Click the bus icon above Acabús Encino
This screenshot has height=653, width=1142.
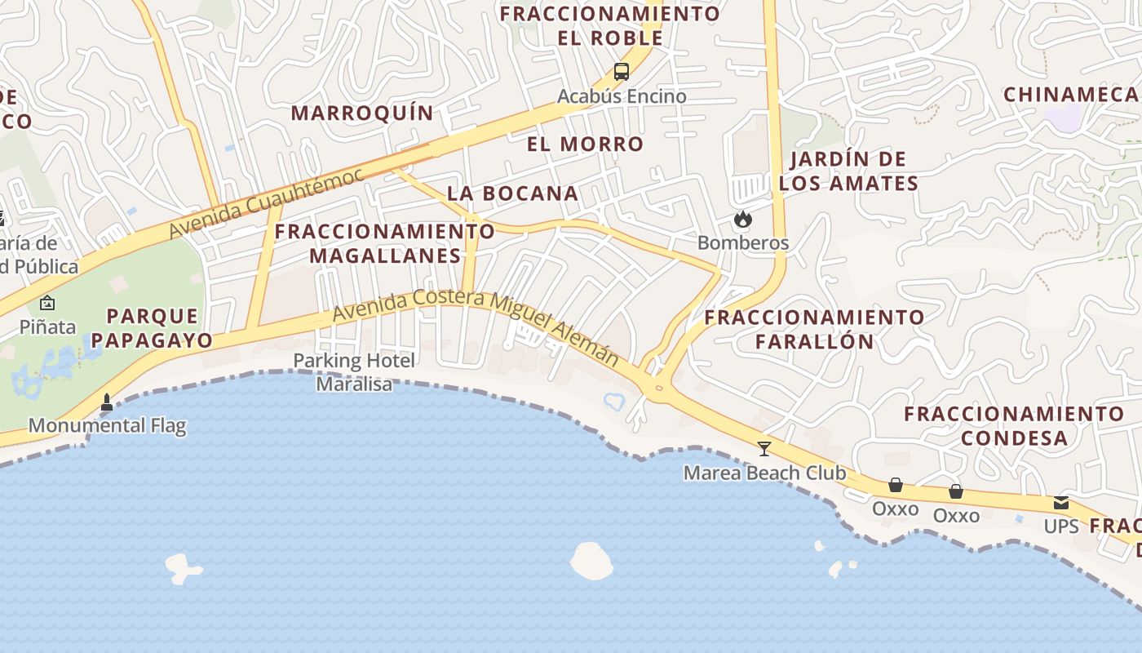622,72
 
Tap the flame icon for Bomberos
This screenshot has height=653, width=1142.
742,219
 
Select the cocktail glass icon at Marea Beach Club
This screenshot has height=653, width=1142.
764,448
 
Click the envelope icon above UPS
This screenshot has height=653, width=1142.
1061,502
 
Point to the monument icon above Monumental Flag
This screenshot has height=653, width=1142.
106,402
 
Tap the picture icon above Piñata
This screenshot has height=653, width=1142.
47,304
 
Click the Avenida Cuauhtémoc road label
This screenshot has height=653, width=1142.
266,203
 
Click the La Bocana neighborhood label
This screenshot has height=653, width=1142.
513,193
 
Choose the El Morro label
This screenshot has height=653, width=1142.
586,144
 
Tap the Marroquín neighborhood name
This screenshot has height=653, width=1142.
362,113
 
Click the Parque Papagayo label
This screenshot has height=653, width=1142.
159,328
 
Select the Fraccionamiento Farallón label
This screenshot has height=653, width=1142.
815,329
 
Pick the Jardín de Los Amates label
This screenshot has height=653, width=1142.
848,171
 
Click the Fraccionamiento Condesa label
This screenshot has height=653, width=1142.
1014,425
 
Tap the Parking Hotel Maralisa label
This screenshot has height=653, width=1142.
354,372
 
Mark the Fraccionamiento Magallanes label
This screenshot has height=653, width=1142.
385,243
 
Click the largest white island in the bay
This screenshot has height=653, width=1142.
591,561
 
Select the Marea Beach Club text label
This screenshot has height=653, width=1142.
764,473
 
